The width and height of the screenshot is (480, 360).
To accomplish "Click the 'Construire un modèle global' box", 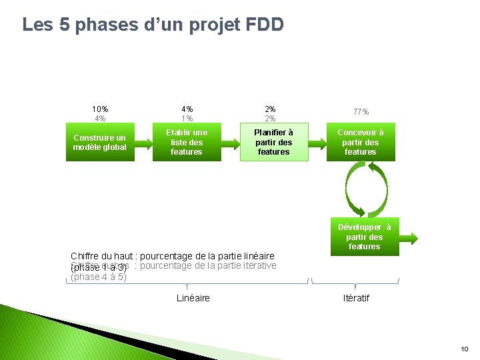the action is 100,143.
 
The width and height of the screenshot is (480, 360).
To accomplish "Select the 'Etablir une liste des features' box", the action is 187,143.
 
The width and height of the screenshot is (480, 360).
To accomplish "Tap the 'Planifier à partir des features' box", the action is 274,143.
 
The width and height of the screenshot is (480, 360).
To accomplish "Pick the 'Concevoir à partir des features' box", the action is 361,143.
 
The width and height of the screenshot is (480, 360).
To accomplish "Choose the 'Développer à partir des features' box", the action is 365,237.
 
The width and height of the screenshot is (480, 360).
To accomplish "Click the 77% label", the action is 361,112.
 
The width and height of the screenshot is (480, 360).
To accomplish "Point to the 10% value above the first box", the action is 101,109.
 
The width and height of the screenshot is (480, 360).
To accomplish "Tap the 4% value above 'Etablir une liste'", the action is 187,109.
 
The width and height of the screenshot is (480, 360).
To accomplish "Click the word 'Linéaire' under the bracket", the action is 193,298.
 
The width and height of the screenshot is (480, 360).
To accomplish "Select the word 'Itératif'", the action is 356,298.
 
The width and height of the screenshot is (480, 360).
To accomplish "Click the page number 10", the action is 465,349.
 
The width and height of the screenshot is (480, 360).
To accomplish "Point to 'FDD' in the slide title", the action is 265,25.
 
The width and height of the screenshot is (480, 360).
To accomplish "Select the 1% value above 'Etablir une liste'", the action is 187,119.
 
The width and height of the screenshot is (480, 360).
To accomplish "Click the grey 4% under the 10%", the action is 101,119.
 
